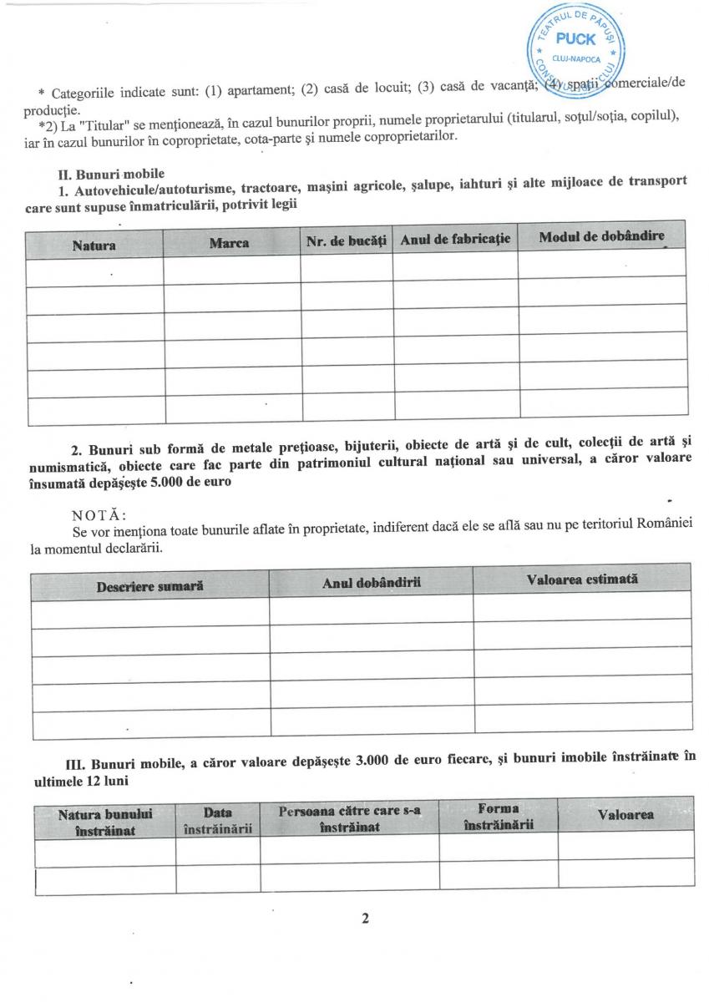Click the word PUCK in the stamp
point(575,39)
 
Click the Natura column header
point(94,245)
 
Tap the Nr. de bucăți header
point(346,241)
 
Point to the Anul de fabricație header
point(454,240)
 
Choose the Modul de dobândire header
point(601,237)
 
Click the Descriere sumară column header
point(149,586)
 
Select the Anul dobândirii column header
point(371,583)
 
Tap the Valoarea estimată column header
point(582,579)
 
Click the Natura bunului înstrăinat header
point(104,821)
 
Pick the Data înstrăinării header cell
point(217,820)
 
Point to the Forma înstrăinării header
point(498,817)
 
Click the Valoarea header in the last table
point(625,814)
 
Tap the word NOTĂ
point(99,514)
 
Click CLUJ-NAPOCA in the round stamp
point(576,59)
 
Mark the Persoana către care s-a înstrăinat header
point(349,818)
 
